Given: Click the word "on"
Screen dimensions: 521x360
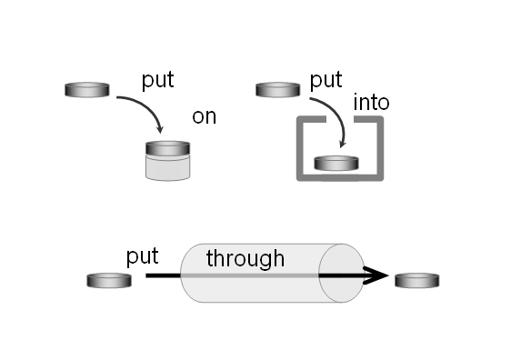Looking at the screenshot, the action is pos(204,116).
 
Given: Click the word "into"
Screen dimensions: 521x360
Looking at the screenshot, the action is pos(371,103).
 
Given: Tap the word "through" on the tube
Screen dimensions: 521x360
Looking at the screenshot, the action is pos(245,258).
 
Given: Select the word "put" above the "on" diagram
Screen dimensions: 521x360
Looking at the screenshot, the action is pos(158,80).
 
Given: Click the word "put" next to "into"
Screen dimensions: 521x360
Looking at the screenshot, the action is pos(326,80).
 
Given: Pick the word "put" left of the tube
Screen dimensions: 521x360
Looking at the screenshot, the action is pos(142,256).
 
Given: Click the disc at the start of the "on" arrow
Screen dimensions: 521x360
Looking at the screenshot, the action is pos(87,90).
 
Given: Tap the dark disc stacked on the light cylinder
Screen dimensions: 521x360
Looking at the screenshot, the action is pos(168,148).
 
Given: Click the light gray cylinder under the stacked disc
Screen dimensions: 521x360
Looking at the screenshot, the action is pos(168,167).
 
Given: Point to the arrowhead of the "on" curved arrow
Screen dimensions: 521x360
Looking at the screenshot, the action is pos(160,129).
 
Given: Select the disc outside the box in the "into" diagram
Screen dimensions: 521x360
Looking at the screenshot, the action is pos(278,90).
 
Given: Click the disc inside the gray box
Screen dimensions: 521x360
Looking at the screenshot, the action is pos(336,164).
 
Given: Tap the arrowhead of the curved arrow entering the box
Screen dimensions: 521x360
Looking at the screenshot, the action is pos(342,144).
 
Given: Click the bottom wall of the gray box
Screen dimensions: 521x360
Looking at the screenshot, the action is pos(340,177).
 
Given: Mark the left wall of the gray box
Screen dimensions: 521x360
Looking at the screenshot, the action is pos(300,148).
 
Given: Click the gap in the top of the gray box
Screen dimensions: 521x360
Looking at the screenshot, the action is pos(340,119).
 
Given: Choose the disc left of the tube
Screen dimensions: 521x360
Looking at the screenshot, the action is pos(109,281).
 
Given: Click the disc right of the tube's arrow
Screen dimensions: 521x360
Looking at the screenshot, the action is pos(417,281).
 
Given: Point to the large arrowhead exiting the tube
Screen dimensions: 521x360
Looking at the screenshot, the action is pos(376,275).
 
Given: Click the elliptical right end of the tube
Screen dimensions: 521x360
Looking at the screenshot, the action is pos(341,273).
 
